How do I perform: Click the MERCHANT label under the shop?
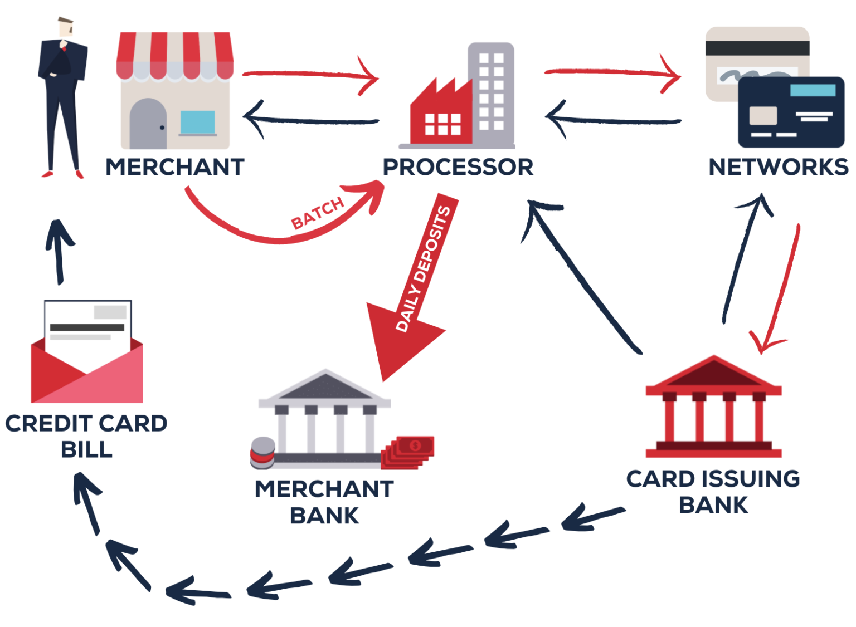175,167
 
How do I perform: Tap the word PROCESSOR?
458,167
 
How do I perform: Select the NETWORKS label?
778,167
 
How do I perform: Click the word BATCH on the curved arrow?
318,213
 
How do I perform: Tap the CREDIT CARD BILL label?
86,436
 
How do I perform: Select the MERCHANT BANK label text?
324,502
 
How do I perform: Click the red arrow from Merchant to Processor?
309,74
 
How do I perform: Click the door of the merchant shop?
148,125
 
